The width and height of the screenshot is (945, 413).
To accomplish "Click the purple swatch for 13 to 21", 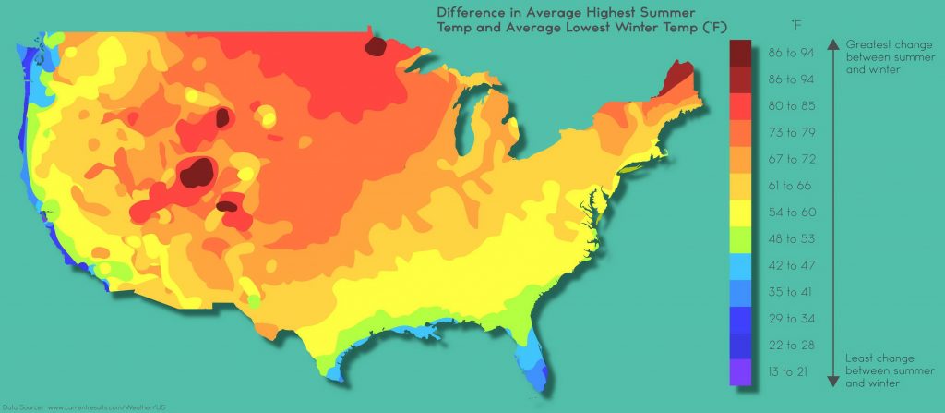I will pos(740,372).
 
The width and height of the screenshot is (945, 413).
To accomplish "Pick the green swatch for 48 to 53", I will pos(740,239).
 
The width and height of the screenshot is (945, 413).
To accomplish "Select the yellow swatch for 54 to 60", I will pos(740,213).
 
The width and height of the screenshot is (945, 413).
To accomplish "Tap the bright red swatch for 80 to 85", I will pos(740,106).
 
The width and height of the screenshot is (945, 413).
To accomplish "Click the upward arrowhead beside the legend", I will pos(832,43).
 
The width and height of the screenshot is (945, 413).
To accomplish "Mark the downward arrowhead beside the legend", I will pos(832,381).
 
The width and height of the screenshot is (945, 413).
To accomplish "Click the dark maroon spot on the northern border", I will pos(377,45).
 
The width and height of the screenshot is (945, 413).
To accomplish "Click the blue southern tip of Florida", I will pos(544,373).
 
